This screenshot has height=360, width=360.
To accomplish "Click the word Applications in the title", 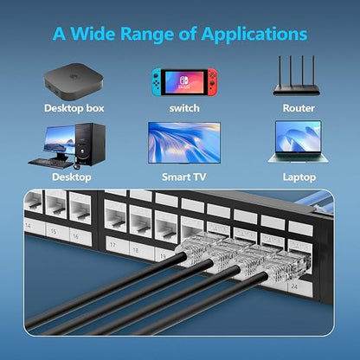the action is (254, 35).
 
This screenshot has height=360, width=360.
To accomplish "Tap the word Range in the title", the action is (147, 35).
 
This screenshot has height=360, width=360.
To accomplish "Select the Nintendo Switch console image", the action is (184, 82).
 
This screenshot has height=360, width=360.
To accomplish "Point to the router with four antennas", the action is (296, 76).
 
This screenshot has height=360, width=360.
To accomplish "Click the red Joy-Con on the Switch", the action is (212, 82).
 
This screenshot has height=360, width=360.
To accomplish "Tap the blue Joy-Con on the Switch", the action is (157, 82).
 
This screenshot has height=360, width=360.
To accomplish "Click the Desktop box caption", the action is (74, 108).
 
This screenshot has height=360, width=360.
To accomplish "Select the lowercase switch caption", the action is (184, 108).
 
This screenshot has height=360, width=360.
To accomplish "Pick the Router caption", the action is (299, 108).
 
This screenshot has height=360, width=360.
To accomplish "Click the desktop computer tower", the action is (90, 145).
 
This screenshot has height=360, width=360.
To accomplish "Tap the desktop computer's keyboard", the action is (51, 164).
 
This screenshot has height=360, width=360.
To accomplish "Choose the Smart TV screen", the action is (184, 143).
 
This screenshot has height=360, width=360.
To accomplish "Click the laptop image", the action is (299, 142).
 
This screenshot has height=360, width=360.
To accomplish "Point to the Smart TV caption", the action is (184, 177).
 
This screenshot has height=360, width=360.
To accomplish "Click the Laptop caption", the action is (299, 177).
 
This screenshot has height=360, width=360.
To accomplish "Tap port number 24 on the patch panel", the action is (294, 286).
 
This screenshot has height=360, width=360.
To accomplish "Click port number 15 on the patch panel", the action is (54, 231).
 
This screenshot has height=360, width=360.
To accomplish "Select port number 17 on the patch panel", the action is (112, 245).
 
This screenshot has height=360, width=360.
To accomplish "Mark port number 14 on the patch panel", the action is (28, 225).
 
